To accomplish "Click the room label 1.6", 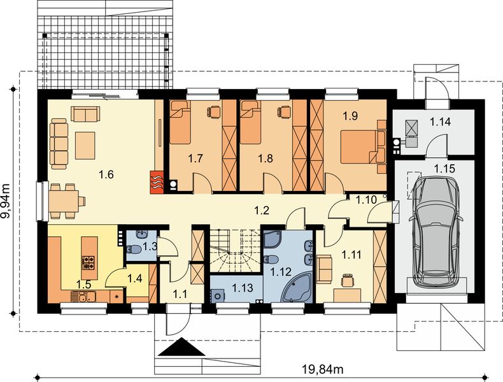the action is (106, 175).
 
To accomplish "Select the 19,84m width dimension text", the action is (323, 369).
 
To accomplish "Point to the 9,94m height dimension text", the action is (6, 201).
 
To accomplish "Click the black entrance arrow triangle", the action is (181, 347).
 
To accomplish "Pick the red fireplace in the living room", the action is (157, 182).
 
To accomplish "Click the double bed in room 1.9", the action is (362, 146).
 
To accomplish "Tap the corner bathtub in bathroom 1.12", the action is (297, 287).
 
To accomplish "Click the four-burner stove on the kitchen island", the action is (89, 262).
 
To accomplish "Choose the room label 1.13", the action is (243, 288).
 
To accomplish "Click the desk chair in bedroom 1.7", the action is (214, 111).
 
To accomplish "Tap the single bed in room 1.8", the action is (250, 122).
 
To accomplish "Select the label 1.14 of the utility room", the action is (440, 122).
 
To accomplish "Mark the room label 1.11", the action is (351, 255).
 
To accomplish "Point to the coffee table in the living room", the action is (85, 145).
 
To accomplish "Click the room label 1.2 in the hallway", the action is (262, 210).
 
